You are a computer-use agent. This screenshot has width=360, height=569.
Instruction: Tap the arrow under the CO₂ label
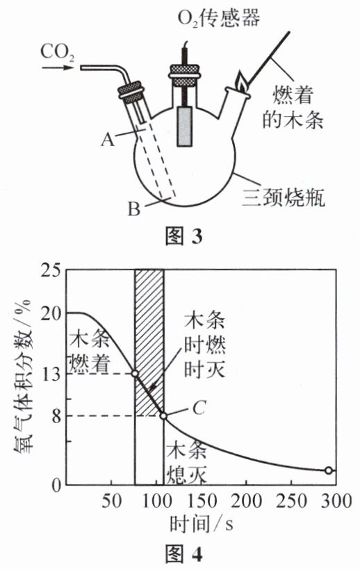pyautogui.click(x=58, y=67)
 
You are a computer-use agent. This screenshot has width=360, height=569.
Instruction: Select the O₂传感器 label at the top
pyautogui.click(x=218, y=17)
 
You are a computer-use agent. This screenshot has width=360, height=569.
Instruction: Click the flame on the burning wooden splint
pyautogui.click(x=242, y=82)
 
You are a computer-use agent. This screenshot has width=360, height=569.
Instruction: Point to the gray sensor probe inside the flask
pyautogui.click(x=185, y=126)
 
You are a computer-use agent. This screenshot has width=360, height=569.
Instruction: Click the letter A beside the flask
pyautogui.click(x=108, y=139)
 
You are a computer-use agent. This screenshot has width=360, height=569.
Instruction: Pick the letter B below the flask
pyautogui.click(x=134, y=208)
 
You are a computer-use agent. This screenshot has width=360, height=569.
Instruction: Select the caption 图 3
pyautogui.click(x=183, y=236)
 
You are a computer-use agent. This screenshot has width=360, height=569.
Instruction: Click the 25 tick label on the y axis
pyautogui.click(x=50, y=272)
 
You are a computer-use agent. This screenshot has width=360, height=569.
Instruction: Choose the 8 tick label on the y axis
pyautogui.click(x=56, y=416)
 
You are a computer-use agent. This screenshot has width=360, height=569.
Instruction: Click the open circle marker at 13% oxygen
pyautogui.click(x=135, y=373)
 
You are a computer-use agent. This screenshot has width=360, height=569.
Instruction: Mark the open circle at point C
pyautogui.click(x=164, y=416)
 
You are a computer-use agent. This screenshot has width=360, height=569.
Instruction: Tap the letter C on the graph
pyautogui.click(x=199, y=408)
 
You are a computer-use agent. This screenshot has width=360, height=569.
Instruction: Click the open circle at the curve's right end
pyautogui.click(x=329, y=470)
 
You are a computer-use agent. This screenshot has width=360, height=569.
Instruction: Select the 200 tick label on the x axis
pyautogui.click(x=247, y=501)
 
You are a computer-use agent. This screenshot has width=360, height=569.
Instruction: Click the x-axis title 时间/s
pyautogui.click(x=202, y=524)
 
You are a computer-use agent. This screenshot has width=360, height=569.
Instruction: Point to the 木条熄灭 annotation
pyautogui.click(x=186, y=461)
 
